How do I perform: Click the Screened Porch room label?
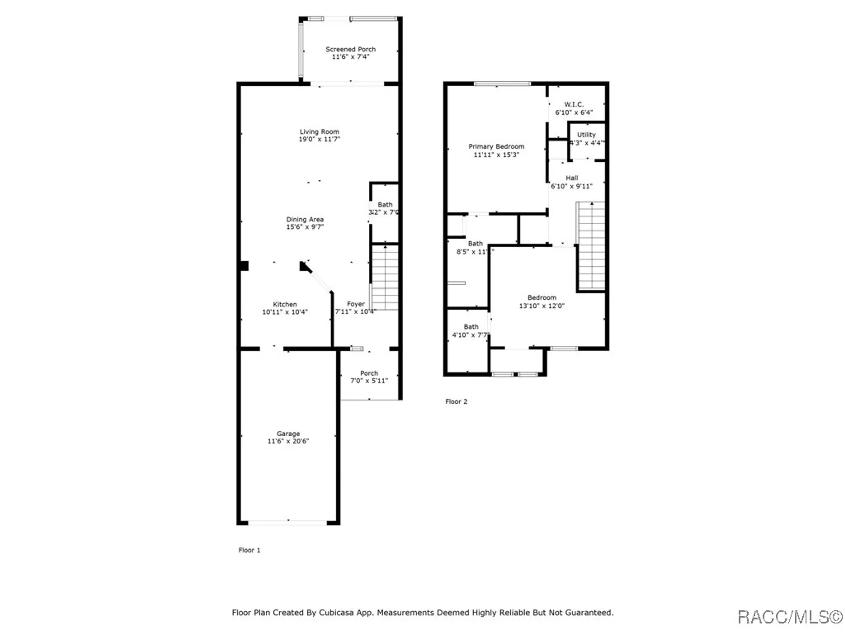(x=350, y=49)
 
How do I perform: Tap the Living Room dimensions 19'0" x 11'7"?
(x=319, y=139)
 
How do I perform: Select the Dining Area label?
(x=305, y=219)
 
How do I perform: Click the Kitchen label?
(x=285, y=304)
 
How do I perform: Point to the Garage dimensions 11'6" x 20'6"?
(x=288, y=441)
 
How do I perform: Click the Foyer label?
(x=356, y=304)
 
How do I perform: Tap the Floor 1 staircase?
(x=385, y=277)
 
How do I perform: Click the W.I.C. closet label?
(x=574, y=104)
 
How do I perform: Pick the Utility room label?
(x=586, y=134)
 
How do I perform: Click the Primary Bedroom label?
(x=496, y=146)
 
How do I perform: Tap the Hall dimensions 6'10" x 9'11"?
(x=572, y=186)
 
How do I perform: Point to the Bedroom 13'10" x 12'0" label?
(x=542, y=298)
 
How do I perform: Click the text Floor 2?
(x=456, y=402)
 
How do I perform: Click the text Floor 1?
(x=249, y=550)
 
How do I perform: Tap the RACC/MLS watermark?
(x=789, y=617)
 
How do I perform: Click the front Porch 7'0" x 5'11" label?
(x=369, y=373)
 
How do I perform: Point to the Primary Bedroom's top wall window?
(x=502, y=84)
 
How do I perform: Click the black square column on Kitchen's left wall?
(x=244, y=265)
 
